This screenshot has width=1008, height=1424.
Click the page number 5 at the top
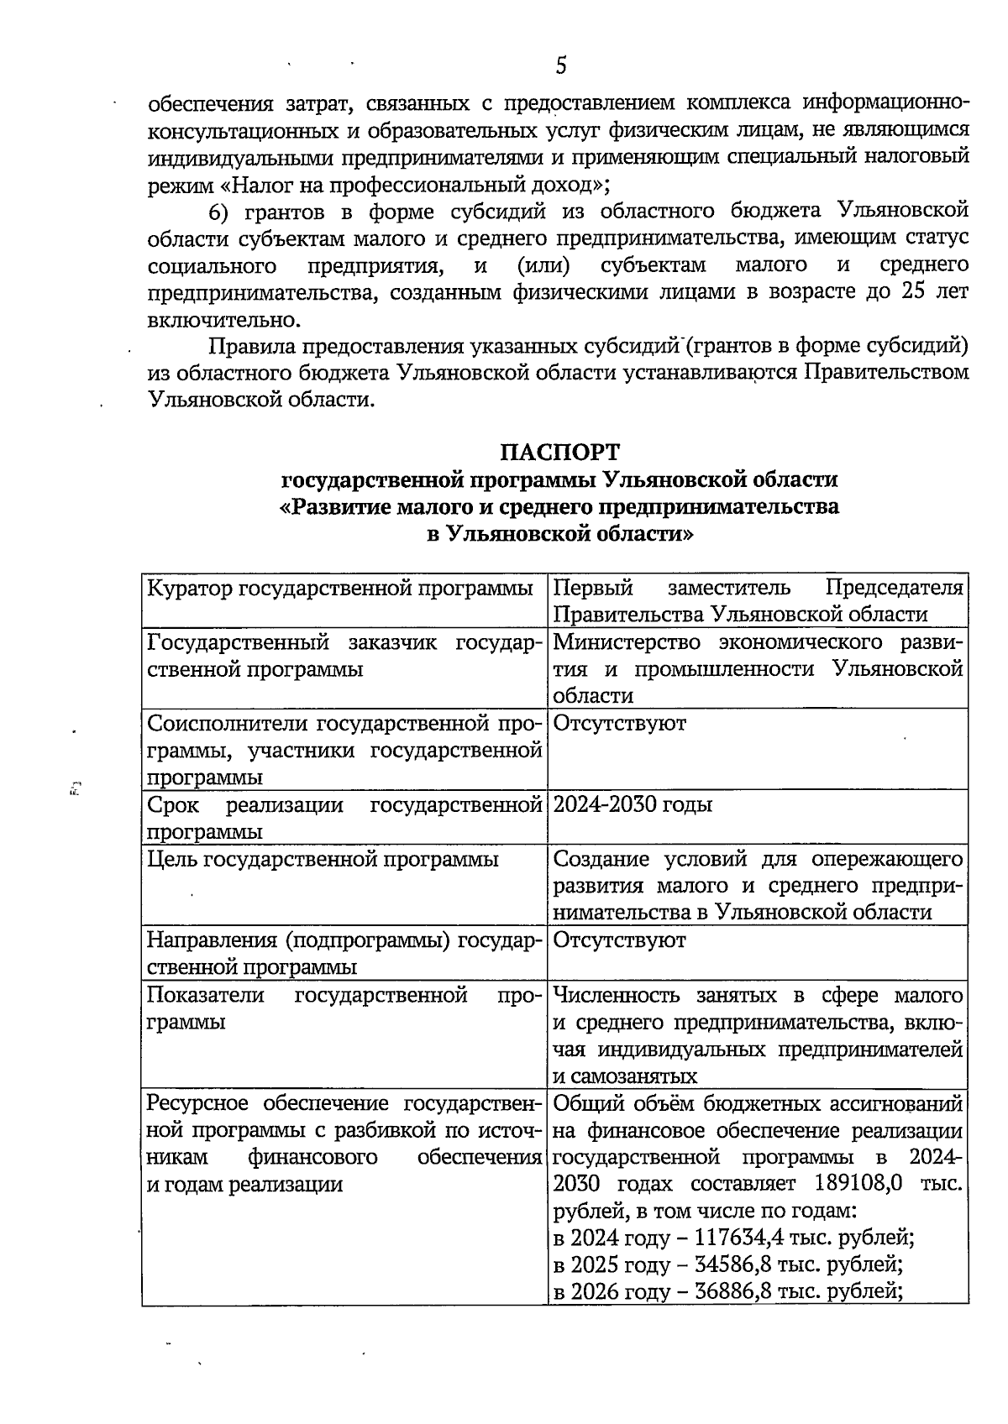tap(561, 65)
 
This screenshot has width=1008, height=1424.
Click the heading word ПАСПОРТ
tap(559, 452)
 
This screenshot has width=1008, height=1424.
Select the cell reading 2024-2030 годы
tap(633, 804)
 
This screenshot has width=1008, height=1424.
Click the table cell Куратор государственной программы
tap(340, 588)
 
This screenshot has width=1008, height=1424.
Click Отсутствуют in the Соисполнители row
tap(620, 723)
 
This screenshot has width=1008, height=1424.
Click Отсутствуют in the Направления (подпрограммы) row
tap(620, 940)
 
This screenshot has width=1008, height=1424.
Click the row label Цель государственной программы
tap(323, 859)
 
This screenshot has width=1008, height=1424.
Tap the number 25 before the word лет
tap(913, 292)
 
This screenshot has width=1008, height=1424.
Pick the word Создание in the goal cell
tap(602, 859)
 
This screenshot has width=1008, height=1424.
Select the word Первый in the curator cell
tap(593, 588)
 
